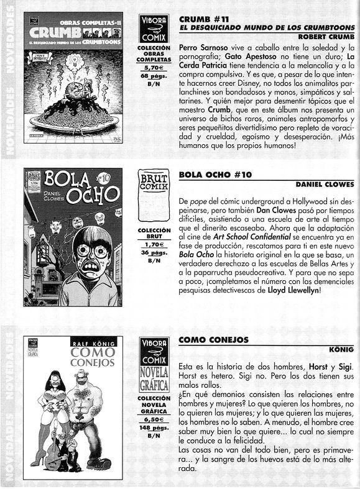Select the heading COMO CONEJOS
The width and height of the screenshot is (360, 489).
[x=213, y=339]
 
